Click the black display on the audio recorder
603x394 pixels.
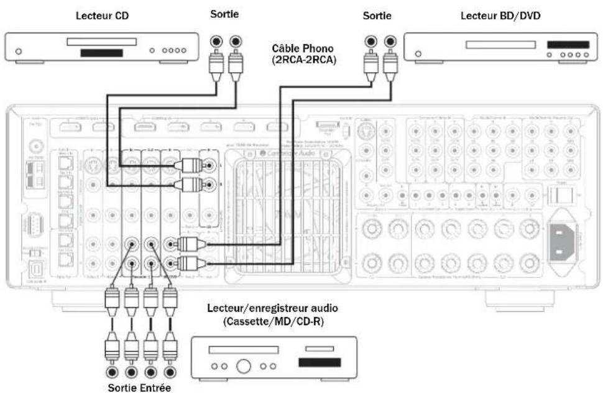[319, 362]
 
